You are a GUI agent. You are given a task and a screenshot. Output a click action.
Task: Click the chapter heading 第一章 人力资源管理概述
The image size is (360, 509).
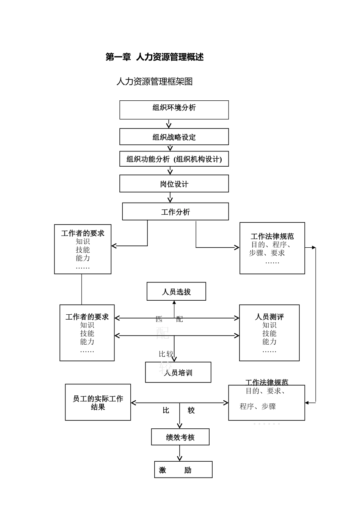155,57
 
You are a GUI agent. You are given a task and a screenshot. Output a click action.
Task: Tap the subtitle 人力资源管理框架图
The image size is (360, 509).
155,81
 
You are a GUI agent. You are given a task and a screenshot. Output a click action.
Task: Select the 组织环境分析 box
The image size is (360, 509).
174,110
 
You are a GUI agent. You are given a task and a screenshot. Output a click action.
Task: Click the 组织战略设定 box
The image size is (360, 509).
174,137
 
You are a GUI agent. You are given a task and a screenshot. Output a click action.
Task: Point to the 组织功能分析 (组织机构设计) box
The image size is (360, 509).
174,159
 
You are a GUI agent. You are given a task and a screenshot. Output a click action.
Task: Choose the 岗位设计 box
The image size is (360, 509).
174,184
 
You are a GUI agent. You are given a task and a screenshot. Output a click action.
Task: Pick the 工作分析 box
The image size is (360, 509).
175,212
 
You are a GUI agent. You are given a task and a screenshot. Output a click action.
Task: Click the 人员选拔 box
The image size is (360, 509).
176,292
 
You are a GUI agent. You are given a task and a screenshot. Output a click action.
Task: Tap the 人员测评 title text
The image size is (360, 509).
269,317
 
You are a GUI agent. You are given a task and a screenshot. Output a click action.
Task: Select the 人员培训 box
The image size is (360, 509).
178,373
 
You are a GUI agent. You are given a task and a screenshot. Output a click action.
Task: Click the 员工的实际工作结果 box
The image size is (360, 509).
98,403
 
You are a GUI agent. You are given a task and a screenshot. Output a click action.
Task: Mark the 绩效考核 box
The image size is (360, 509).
180,437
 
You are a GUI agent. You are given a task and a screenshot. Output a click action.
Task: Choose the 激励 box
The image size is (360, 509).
183,470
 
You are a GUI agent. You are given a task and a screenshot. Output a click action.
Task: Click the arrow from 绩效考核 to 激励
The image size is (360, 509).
180,453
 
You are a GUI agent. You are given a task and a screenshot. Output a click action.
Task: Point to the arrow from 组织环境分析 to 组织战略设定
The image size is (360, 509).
169,124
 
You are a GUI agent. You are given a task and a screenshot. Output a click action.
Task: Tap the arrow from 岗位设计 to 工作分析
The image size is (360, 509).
170,197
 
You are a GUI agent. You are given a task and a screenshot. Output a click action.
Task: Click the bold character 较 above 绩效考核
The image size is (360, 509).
191,411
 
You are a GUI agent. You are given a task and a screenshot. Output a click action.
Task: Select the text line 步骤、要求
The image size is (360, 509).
267,253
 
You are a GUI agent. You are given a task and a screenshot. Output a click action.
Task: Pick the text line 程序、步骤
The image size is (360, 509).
258,406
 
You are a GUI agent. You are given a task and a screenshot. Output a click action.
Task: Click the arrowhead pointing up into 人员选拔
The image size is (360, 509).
174,303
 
